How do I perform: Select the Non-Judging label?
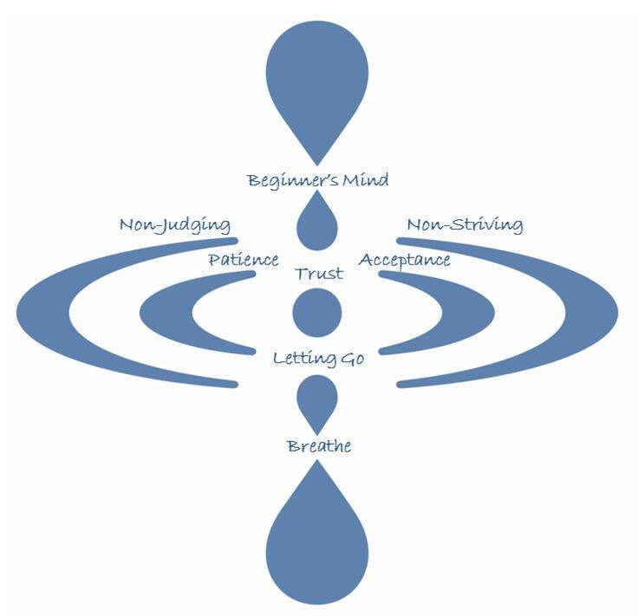[x=174, y=225]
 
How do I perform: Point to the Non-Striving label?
[x=465, y=225]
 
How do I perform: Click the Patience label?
[x=243, y=260]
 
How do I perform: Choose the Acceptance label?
[x=405, y=260]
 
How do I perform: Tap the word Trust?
[x=318, y=274]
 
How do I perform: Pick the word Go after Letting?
[x=351, y=358]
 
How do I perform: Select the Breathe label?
[x=318, y=446]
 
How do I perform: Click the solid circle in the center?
[x=317, y=313]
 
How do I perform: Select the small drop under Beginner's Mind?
[x=317, y=226]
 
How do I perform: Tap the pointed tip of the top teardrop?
[x=317, y=161]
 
